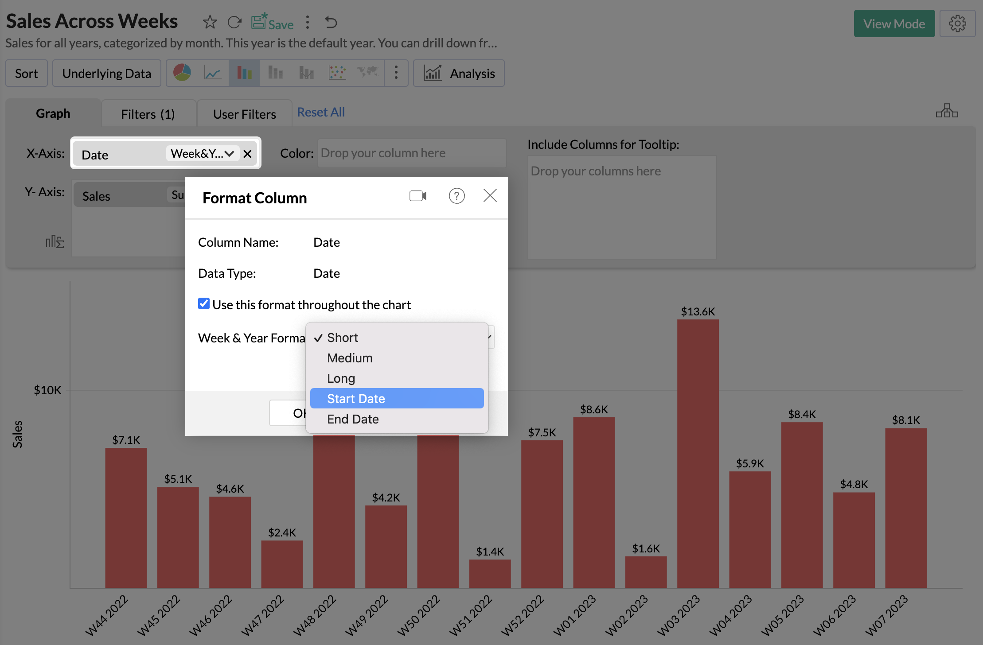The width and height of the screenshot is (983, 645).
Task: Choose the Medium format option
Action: (350, 358)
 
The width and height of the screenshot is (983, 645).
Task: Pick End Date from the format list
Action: (353, 419)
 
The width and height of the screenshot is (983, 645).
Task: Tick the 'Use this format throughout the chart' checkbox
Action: (204, 304)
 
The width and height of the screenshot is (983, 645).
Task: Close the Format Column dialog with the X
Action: (490, 195)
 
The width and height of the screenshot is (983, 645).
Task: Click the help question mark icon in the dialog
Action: (456, 196)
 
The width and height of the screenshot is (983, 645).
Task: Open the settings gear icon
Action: (957, 23)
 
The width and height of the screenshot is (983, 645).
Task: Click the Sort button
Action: (26, 74)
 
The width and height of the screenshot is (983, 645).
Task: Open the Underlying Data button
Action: (106, 74)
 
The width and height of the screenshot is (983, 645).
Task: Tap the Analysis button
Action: (459, 74)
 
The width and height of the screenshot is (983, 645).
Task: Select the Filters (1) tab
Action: (148, 114)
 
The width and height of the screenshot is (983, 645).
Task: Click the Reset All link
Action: (320, 113)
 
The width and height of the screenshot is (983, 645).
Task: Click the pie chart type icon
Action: (182, 73)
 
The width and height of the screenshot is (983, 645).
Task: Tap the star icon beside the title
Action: (210, 22)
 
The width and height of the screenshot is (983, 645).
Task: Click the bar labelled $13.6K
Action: (698, 452)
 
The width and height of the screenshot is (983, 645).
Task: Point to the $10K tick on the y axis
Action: (48, 390)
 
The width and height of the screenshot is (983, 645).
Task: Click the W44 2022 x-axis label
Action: (106, 616)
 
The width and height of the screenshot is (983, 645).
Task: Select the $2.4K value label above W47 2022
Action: (282, 532)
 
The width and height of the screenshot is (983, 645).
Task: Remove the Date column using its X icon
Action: (247, 154)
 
